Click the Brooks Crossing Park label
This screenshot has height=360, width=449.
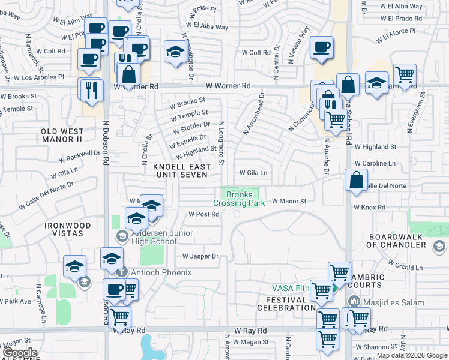click(x=239, y=199)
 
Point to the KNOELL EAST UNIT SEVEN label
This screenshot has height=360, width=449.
click(x=182, y=170)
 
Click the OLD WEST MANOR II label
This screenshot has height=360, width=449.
click(x=61, y=135)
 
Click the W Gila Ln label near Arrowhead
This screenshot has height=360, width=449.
click(x=253, y=173)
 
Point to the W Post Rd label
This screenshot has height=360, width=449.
click(x=203, y=214)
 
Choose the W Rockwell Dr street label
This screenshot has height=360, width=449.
click(x=80, y=157)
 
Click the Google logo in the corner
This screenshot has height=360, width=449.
click(x=20, y=353)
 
